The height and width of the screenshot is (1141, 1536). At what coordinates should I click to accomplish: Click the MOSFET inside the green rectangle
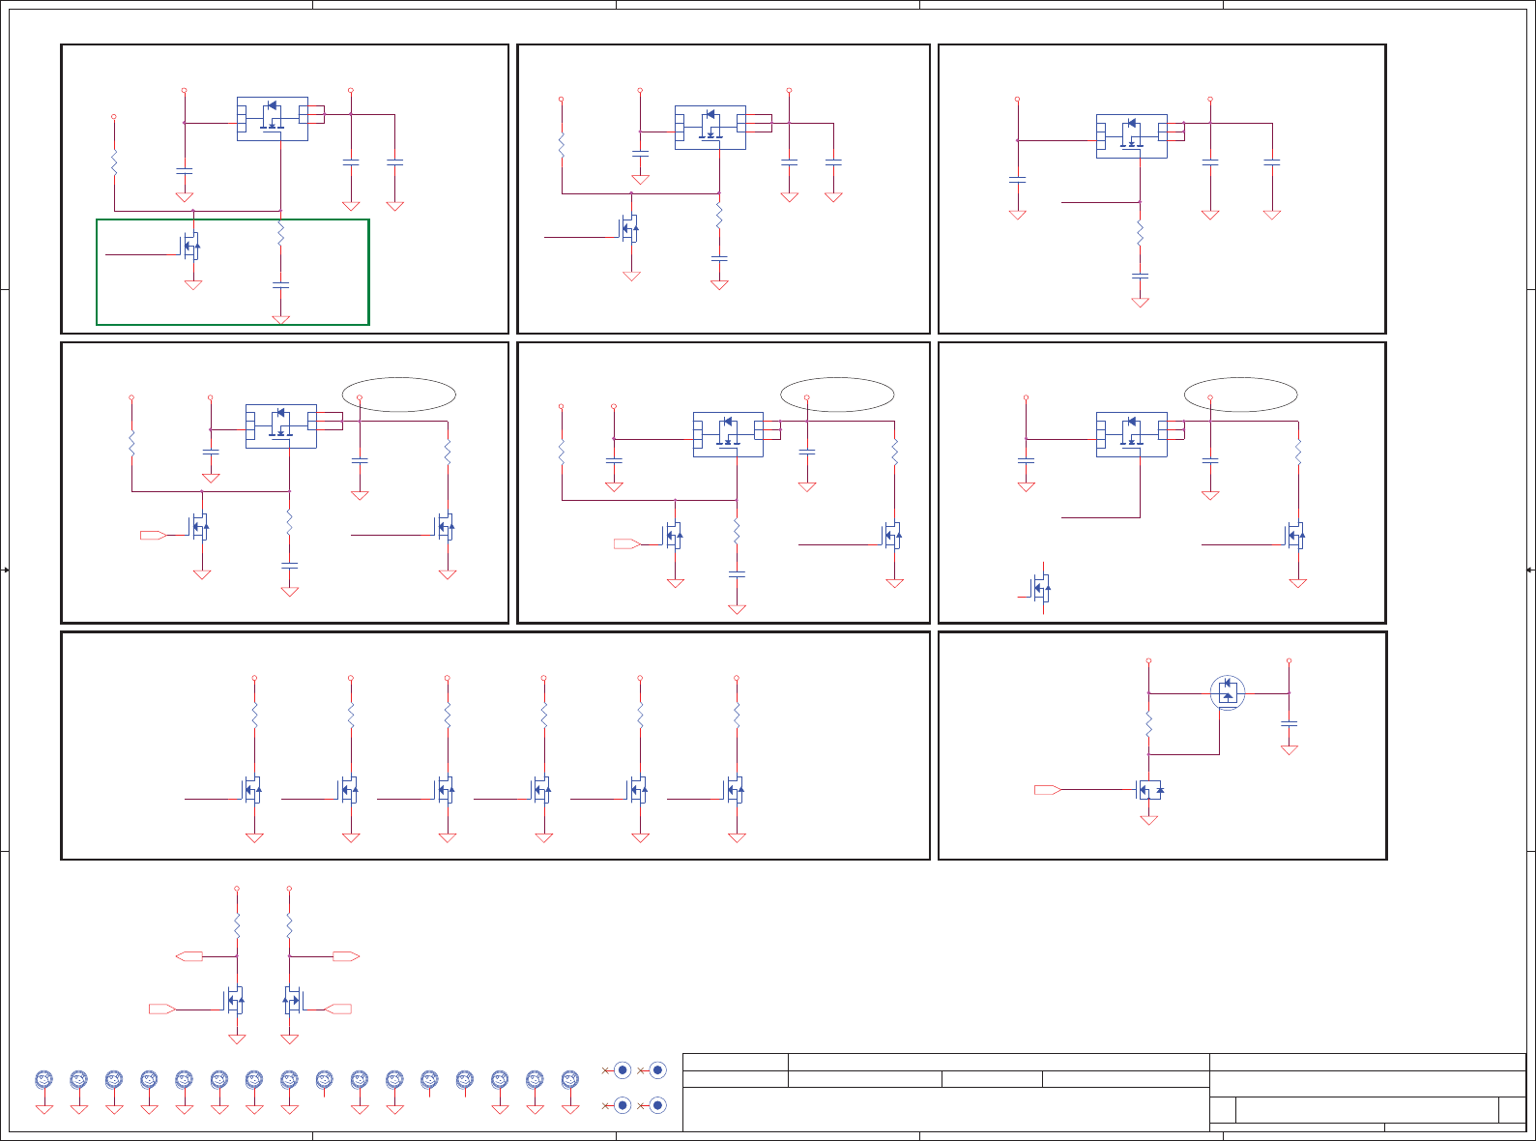click(191, 246)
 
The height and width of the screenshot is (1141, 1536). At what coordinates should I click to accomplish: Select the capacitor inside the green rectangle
click(280, 285)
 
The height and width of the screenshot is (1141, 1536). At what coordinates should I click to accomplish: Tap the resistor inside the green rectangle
click(280, 233)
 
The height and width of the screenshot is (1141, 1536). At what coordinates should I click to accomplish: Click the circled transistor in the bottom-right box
click(1228, 692)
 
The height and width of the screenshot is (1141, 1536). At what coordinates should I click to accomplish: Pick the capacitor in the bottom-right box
click(1289, 722)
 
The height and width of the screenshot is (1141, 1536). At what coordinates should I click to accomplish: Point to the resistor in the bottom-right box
click(1148, 724)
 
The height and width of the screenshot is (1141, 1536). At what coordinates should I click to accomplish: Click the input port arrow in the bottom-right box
click(1047, 790)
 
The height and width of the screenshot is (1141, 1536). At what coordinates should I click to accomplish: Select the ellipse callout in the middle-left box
click(398, 395)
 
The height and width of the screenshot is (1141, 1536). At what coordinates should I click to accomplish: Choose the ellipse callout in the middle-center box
click(837, 395)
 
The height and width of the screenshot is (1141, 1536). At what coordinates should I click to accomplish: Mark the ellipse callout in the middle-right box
click(1241, 395)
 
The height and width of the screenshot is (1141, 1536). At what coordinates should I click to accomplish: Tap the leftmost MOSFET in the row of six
click(251, 790)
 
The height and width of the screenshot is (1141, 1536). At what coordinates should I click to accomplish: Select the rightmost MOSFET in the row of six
click(735, 790)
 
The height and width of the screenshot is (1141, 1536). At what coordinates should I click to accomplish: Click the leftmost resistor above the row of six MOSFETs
click(254, 716)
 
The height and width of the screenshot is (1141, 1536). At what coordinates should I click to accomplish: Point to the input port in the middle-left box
click(153, 535)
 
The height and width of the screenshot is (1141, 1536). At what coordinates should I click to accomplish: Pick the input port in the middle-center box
click(626, 544)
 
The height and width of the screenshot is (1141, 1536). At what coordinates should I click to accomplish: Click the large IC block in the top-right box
click(1131, 136)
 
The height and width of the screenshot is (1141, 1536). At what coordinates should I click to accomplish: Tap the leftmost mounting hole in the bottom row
click(43, 1079)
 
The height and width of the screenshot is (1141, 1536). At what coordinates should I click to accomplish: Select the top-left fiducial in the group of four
click(623, 1070)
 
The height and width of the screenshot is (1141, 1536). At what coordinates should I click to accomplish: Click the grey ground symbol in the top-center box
click(631, 276)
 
